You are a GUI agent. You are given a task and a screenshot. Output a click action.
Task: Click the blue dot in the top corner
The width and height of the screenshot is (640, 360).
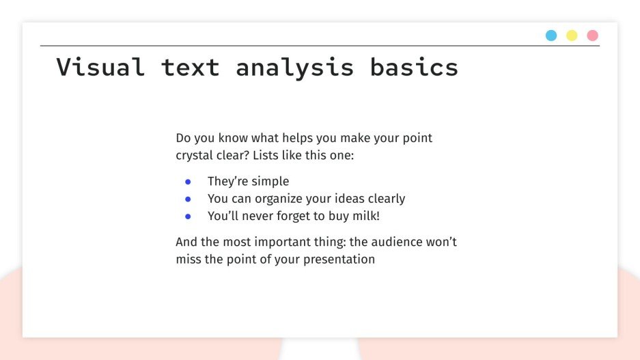coord(551,36)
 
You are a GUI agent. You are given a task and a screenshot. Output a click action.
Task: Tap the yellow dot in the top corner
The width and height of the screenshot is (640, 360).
coord(572,36)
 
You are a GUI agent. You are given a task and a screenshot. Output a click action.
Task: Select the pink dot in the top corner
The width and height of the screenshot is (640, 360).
coord(592,36)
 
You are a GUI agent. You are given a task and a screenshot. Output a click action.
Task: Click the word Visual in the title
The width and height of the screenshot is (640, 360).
coord(100,67)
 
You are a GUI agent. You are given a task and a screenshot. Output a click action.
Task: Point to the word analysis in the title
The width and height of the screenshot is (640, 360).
coord(295,68)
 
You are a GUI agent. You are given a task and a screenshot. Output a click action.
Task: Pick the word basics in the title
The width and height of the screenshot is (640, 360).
coord(414,67)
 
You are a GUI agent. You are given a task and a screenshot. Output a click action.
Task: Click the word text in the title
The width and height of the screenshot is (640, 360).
coord(190,67)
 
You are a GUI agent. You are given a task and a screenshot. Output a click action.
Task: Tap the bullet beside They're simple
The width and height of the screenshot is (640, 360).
coord(188,182)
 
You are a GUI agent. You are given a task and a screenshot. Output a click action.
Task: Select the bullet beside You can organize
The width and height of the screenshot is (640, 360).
coord(188,199)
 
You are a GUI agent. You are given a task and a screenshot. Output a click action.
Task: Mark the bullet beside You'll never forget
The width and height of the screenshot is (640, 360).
coord(188,216)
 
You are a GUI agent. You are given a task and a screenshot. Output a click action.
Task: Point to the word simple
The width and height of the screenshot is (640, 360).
coord(270,182)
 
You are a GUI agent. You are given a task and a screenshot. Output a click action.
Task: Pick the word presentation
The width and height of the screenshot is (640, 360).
coord(339,260)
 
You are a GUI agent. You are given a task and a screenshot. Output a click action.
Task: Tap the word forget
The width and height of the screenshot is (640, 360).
coord(305,216)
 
